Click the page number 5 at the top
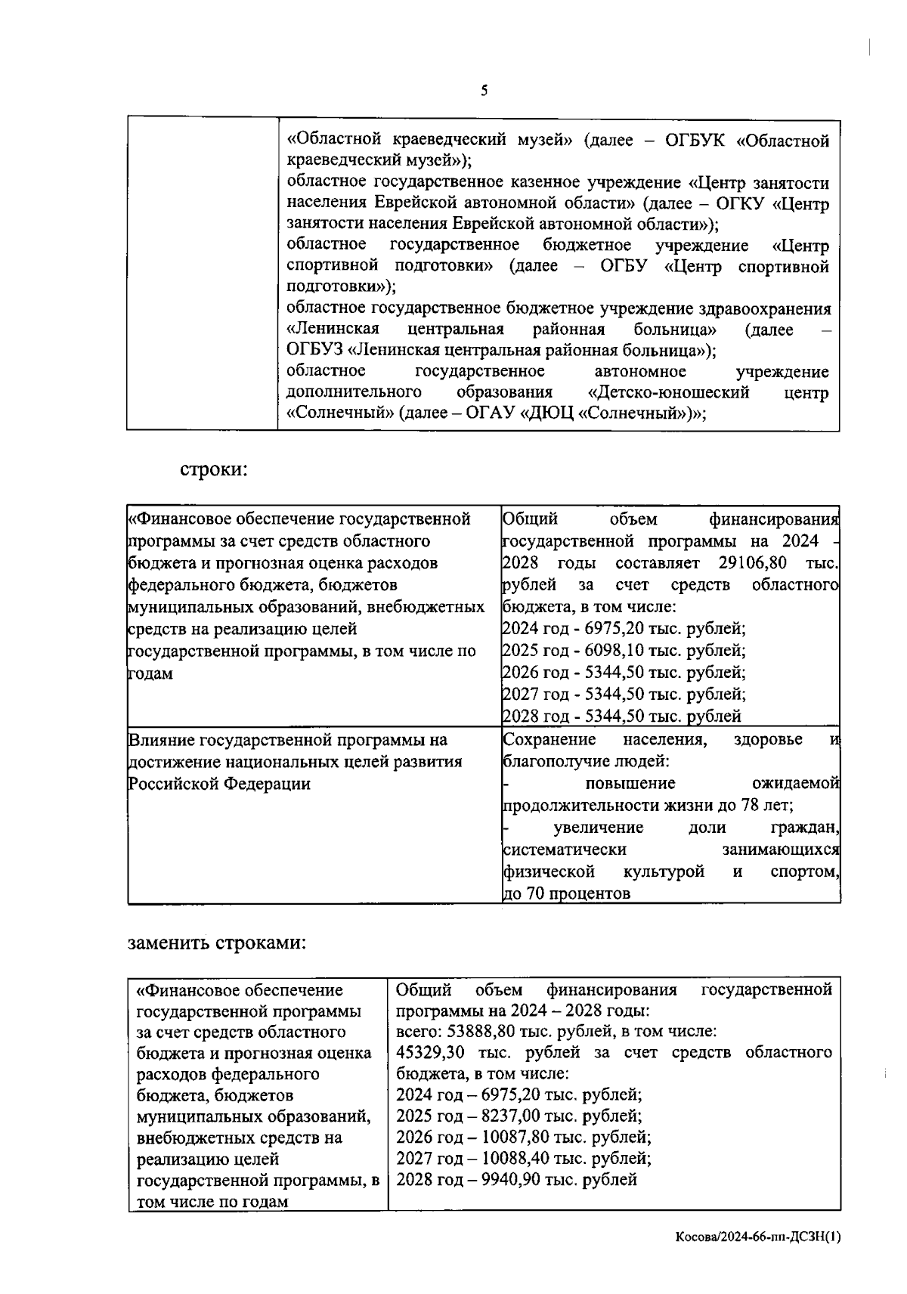pos(484,91)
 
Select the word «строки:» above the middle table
pos(214,469)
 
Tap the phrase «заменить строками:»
pos(216,943)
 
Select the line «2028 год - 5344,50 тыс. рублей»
pos(621,717)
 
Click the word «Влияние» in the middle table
pos(160,740)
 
